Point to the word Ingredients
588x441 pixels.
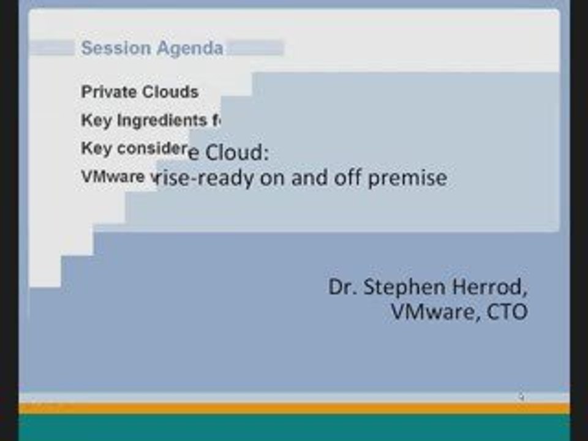162,121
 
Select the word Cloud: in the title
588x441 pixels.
236,152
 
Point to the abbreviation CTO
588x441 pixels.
507,312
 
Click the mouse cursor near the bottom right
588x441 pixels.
520,396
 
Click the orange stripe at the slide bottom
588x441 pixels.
294,408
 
